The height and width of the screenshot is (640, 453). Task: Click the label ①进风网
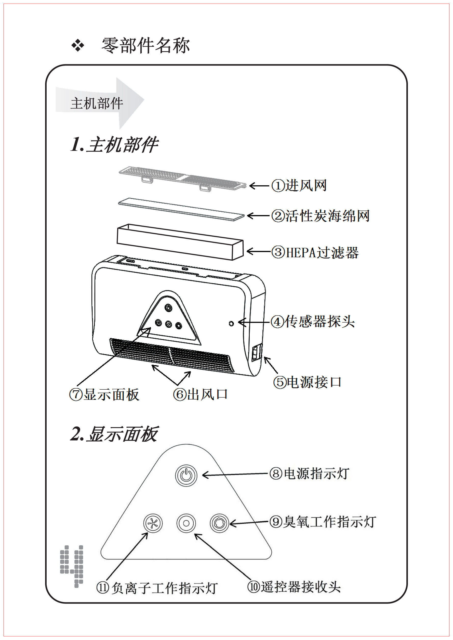pyautogui.click(x=299, y=186)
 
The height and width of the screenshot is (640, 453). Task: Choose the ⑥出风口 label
pyautogui.click(x=200, y=394)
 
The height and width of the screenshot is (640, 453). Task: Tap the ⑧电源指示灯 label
pyautogui.click(x=309, y=473)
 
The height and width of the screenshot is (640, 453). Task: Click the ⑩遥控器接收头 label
pyautogui.click(x=294, y=587)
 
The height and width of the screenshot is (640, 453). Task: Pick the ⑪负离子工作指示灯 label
pyautogui.click(x=157, y=587)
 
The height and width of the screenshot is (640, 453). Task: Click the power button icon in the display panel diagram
pyautogui.click(x=186, y=475)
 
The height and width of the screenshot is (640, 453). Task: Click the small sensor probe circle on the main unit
pyautogui.click(x=231, y=324)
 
